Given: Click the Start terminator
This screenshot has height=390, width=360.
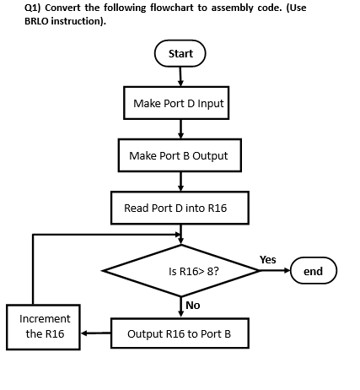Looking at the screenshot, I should point(180,53).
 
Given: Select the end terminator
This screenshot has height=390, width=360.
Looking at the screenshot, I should point(313,271).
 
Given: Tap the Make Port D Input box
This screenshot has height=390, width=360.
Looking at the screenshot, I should point(179,103).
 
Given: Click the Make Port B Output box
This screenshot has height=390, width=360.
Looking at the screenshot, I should point(179,155).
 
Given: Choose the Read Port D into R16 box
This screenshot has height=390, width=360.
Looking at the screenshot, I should point(180,208).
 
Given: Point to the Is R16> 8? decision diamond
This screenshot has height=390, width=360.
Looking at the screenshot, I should point(181,272).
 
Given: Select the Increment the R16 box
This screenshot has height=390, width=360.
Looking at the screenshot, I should point(44,326).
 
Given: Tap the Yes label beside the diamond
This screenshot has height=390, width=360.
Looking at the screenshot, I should point(268,258).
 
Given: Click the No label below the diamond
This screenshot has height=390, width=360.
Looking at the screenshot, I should point(192,304).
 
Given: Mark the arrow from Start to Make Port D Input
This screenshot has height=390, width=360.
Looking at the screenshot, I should point(180,76).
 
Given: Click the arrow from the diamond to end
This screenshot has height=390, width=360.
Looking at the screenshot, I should point(275,271).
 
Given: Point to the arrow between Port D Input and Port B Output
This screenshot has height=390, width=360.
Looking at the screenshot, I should point(180,129).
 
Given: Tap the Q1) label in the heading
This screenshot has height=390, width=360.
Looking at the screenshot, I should point(14,8).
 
